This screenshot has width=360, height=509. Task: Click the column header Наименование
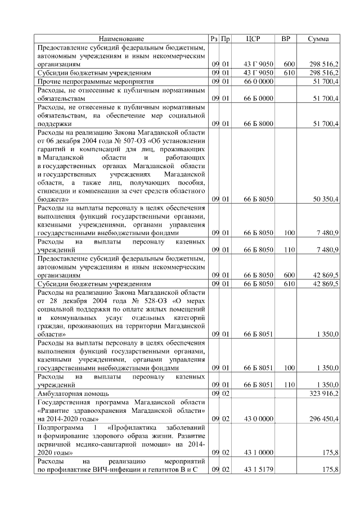121,39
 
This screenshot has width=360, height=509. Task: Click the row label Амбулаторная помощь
73,394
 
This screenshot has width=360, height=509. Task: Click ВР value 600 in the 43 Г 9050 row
289,65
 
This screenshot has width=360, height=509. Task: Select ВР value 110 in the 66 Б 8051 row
289,385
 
